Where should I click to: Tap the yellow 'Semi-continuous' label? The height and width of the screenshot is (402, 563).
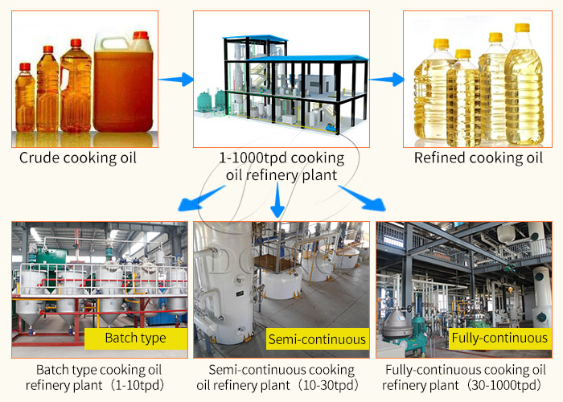pyautogui.click(x=316, y=338)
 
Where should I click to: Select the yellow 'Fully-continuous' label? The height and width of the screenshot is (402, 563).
pyautogui.click(x=499, y=338)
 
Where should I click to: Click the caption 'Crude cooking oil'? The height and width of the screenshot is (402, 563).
pyautogui.click(x=78, y=158)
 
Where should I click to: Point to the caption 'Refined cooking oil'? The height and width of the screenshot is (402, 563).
pyautogui.click(x=479, y=158)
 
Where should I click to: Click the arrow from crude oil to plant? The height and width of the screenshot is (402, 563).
pyautogui.click(x=176, y=79)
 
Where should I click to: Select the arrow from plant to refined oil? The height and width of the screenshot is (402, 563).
pyautogui.click(x=386, y=79)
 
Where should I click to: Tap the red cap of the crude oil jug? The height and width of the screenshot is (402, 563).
pyautogui.click(x=141, y=35)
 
